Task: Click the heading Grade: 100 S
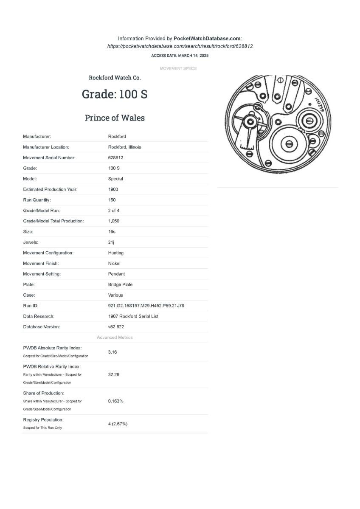tap(115, 94)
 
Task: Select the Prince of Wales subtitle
tap(115, 118)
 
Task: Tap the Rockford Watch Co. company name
tap(115, 78)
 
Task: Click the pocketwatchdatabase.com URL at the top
tap(180, 46)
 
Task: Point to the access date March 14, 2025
tap(180, 56)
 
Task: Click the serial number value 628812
tap(115, 157)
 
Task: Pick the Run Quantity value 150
tap(112, 200)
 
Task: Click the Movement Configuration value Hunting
tap(116, 253)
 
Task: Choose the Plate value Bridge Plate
tap(120, 284)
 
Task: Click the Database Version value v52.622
tap(116, 327)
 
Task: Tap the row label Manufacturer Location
tap(46, 147)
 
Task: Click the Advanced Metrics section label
tap(115, 337)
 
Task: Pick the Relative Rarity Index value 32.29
tap(113, 374)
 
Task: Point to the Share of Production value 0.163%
tap(115, 401)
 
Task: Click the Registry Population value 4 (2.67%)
tap(118, 424)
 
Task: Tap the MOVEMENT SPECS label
tap(178, 68)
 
